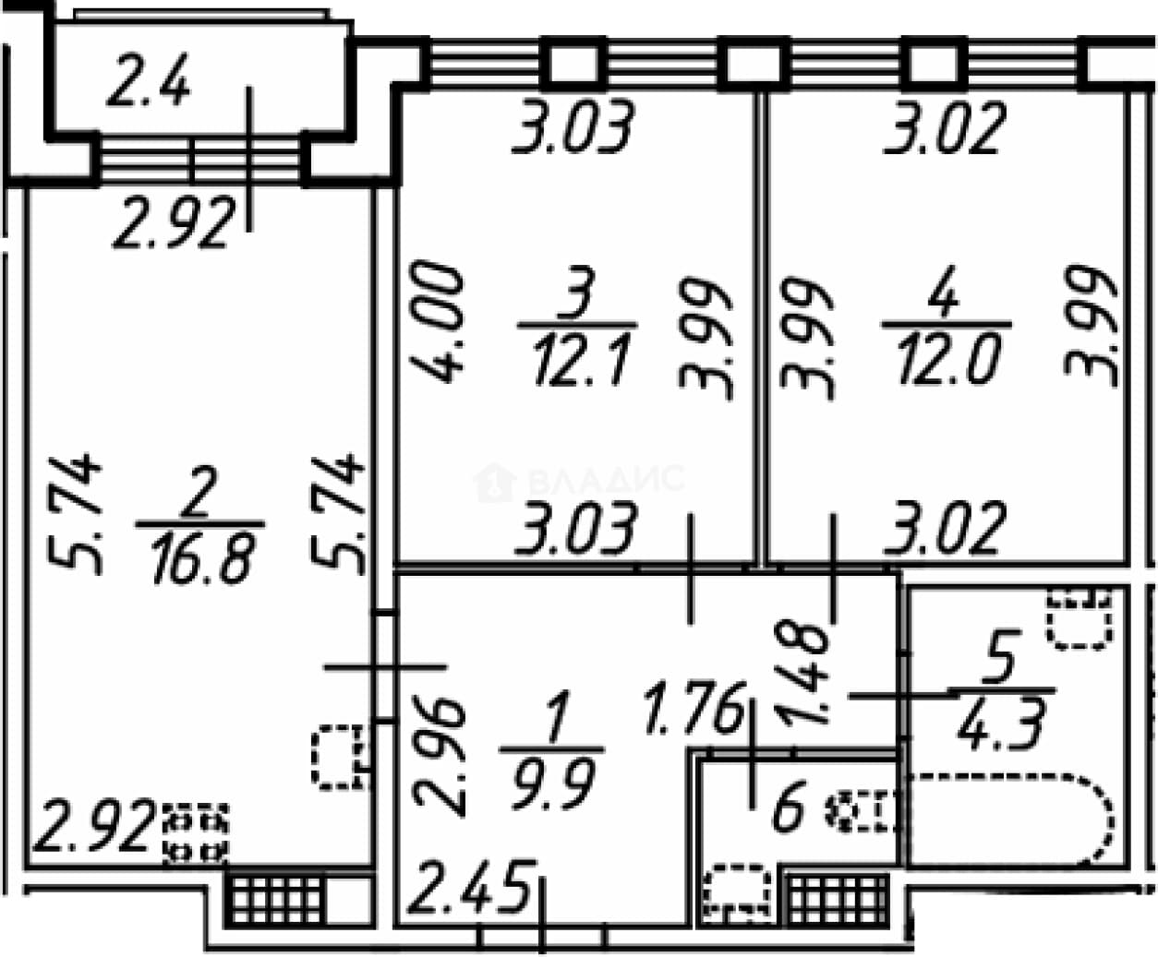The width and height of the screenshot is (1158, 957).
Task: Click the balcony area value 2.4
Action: coord(149,79)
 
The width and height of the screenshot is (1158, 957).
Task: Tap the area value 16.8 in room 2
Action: coord(202,556)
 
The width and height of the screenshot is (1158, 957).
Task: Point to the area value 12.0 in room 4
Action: coord(947,357)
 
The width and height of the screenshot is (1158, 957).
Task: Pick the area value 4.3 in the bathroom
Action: coord(1002,724)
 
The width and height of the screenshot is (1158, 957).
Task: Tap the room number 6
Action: coord(788,807)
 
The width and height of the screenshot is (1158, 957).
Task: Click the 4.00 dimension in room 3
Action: coord(437,321)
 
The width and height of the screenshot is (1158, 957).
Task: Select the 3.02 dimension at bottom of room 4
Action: coord(945,528)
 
